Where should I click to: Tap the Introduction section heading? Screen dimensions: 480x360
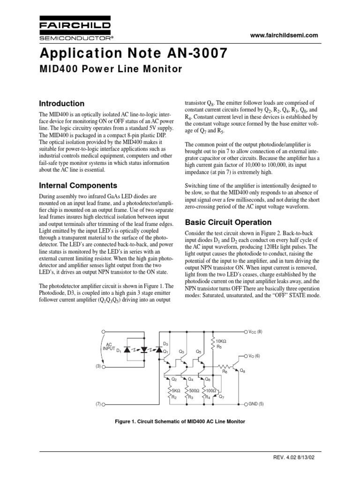click(x=62, y=104)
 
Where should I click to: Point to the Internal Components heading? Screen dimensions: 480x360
click(x=78, y=185)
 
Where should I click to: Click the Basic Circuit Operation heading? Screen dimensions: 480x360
click(x=228, y=222)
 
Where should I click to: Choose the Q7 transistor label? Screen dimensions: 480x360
click(x=222, y=397)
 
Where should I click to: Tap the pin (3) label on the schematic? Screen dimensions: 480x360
click(x=98, y=366)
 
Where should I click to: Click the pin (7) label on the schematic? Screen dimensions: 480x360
click(x=98, y=404)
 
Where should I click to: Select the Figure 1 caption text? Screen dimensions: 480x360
click(x=180, y=421)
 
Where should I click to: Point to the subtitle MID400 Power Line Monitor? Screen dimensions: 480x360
click(x=111, y=69)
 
